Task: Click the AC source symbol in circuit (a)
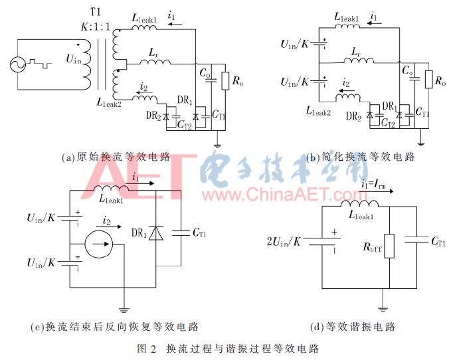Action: coord(18,64)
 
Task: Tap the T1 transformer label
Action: coord(96,12)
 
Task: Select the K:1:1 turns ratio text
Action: coord(96,27)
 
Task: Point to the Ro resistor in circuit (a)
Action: coord(225,81)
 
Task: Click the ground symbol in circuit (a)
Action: coord(217,145)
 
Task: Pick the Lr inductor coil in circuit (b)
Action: coord(359,60)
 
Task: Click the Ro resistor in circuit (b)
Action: coord(428,79)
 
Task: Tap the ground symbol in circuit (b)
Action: coord(420,143)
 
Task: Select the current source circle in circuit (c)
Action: coord(98,244)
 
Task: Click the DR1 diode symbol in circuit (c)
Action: coord(156,233)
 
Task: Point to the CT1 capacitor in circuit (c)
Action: coord(181,233)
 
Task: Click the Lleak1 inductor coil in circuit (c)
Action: coord(111,188)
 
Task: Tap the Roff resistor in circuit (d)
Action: coord(389,246)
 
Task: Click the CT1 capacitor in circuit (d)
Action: coord(416,240)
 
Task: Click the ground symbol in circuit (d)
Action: coord(383,310)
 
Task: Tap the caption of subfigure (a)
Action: coord(116,157)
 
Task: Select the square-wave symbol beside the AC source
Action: coord(40,64)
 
